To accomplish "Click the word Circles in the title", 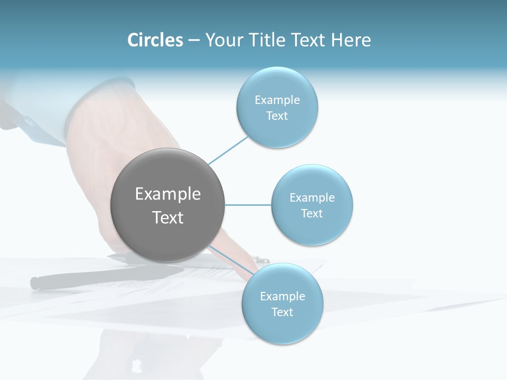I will (x=155, y=40).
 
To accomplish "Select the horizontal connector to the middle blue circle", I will (x=248, y=205).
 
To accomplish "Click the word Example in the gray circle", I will (x=167, y=194).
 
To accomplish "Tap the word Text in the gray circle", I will (x=167, y=217).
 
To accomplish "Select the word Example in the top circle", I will (x=277, y=100).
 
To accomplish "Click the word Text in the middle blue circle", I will (x=312, y=213).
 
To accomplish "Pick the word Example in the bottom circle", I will (x=282, y=296).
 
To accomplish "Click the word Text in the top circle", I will (x=277, y=116).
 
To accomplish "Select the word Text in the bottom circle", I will (x=282, y=312).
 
